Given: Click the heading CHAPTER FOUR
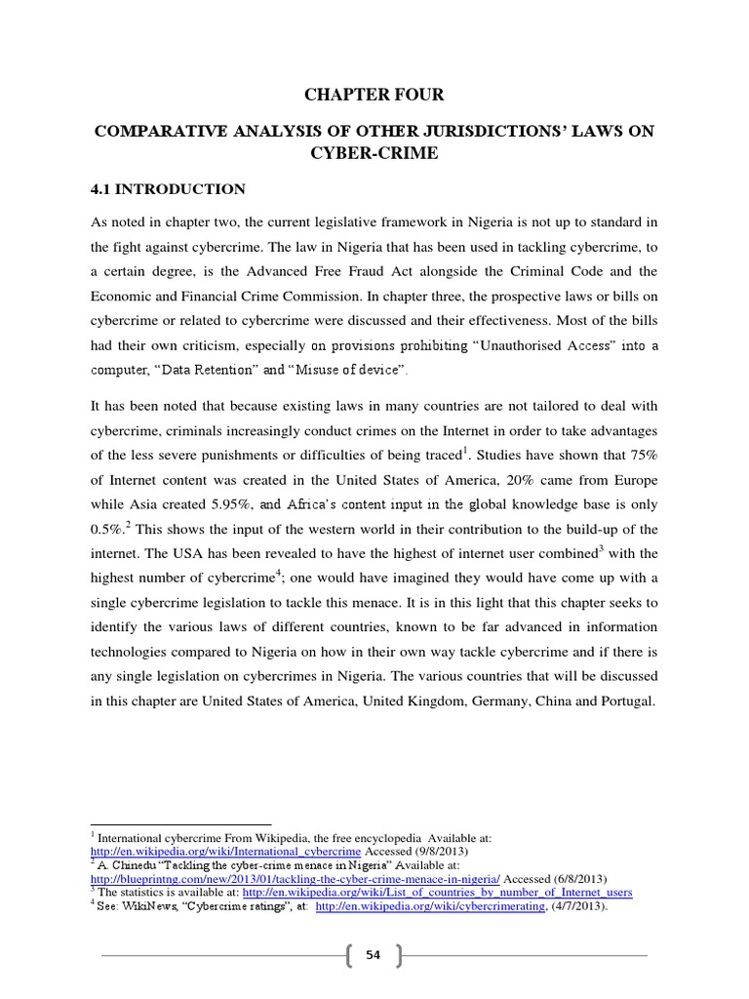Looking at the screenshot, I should (x=374, y=95).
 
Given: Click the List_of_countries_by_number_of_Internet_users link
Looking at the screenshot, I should (x=438, y=893).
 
